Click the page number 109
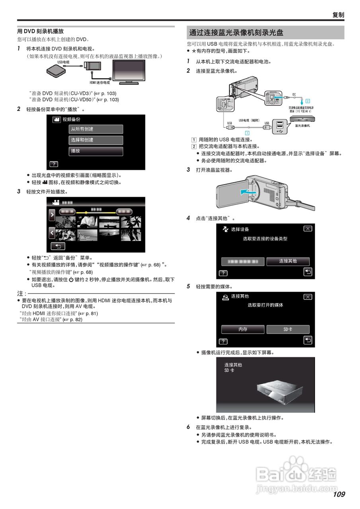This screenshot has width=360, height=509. tap(339, 494)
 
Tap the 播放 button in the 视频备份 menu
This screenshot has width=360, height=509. tap(96, 151)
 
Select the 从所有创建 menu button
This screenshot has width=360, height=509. tap(96, 129)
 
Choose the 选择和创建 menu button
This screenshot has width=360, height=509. tap(96, 140)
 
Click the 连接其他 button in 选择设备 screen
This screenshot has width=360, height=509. tap(288, 261)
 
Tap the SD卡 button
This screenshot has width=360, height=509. tap(288, 329)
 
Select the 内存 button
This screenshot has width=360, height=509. tap(243, 329)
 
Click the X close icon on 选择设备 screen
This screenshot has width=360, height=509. tap(307, 229)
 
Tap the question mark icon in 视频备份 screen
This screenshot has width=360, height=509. tap(53, 164)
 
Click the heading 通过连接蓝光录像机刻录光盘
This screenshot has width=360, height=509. tap(236, 33)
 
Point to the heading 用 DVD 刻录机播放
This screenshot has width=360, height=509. tap(40, 31)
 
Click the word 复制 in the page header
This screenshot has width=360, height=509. tap(338, 15)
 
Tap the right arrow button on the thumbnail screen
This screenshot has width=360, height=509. tap(52, 215)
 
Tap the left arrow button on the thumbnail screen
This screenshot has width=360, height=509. tap(52, 232)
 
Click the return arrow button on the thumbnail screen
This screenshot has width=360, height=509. tap(58, 246)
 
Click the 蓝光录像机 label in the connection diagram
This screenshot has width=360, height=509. tap(303, 125)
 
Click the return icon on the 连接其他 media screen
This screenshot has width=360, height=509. tap(308, 340)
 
